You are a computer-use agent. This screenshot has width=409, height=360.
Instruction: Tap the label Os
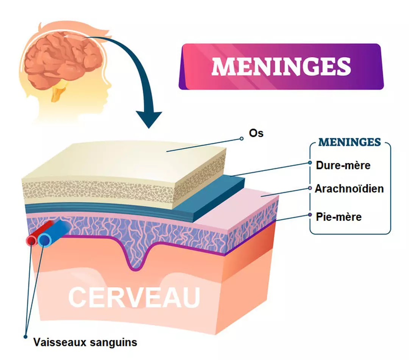(256, 133)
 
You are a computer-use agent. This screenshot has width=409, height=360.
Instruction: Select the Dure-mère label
(343, 165)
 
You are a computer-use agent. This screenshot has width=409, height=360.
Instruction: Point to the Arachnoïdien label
(349, 188)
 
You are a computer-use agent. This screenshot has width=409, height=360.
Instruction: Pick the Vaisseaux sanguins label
(85, 343)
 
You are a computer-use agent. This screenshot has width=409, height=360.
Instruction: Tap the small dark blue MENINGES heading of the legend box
(350, 142)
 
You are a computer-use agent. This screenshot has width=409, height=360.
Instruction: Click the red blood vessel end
(31, 240)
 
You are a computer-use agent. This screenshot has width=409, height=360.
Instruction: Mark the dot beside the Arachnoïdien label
(310, 188)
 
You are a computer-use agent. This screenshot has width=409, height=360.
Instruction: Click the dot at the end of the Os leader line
(242, 139)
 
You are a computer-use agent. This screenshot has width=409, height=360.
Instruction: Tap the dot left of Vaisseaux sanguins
(25, 337)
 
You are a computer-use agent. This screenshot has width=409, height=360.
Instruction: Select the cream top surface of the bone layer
(125, 159)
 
